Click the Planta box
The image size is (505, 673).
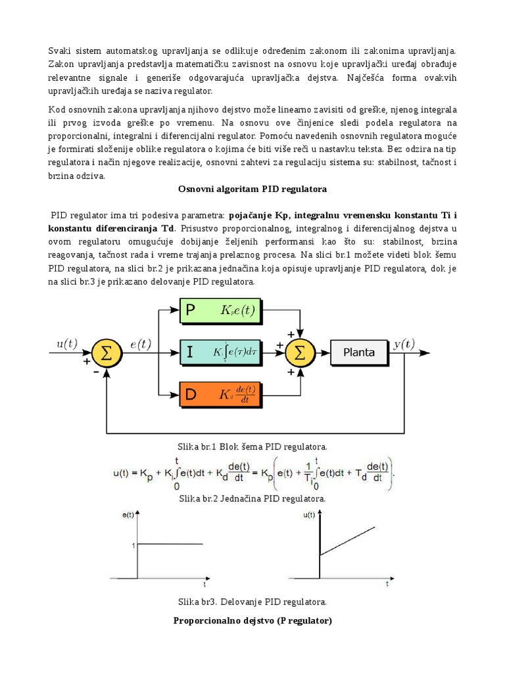[x=359, y=352]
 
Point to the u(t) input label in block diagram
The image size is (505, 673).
[x=67, y=344]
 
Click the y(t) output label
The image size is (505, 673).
[x=404, y=344]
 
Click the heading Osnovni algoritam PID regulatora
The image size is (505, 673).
[x=252, y=189]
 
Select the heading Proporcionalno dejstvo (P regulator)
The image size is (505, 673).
[x=252, y=620]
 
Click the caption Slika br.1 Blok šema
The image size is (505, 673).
[x=252, y=447]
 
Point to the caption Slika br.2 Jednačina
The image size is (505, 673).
[x=252, y=499]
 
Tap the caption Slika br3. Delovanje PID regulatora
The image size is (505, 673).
[x=252, y=601]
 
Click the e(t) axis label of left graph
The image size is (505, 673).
[x=128, y=517]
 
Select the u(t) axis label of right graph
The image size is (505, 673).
[x=310, y=517]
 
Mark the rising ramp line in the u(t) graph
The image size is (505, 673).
[x=349, y=540]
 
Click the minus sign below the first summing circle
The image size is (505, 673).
[x=97, y=371]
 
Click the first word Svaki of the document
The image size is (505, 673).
[x=59, y=51]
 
